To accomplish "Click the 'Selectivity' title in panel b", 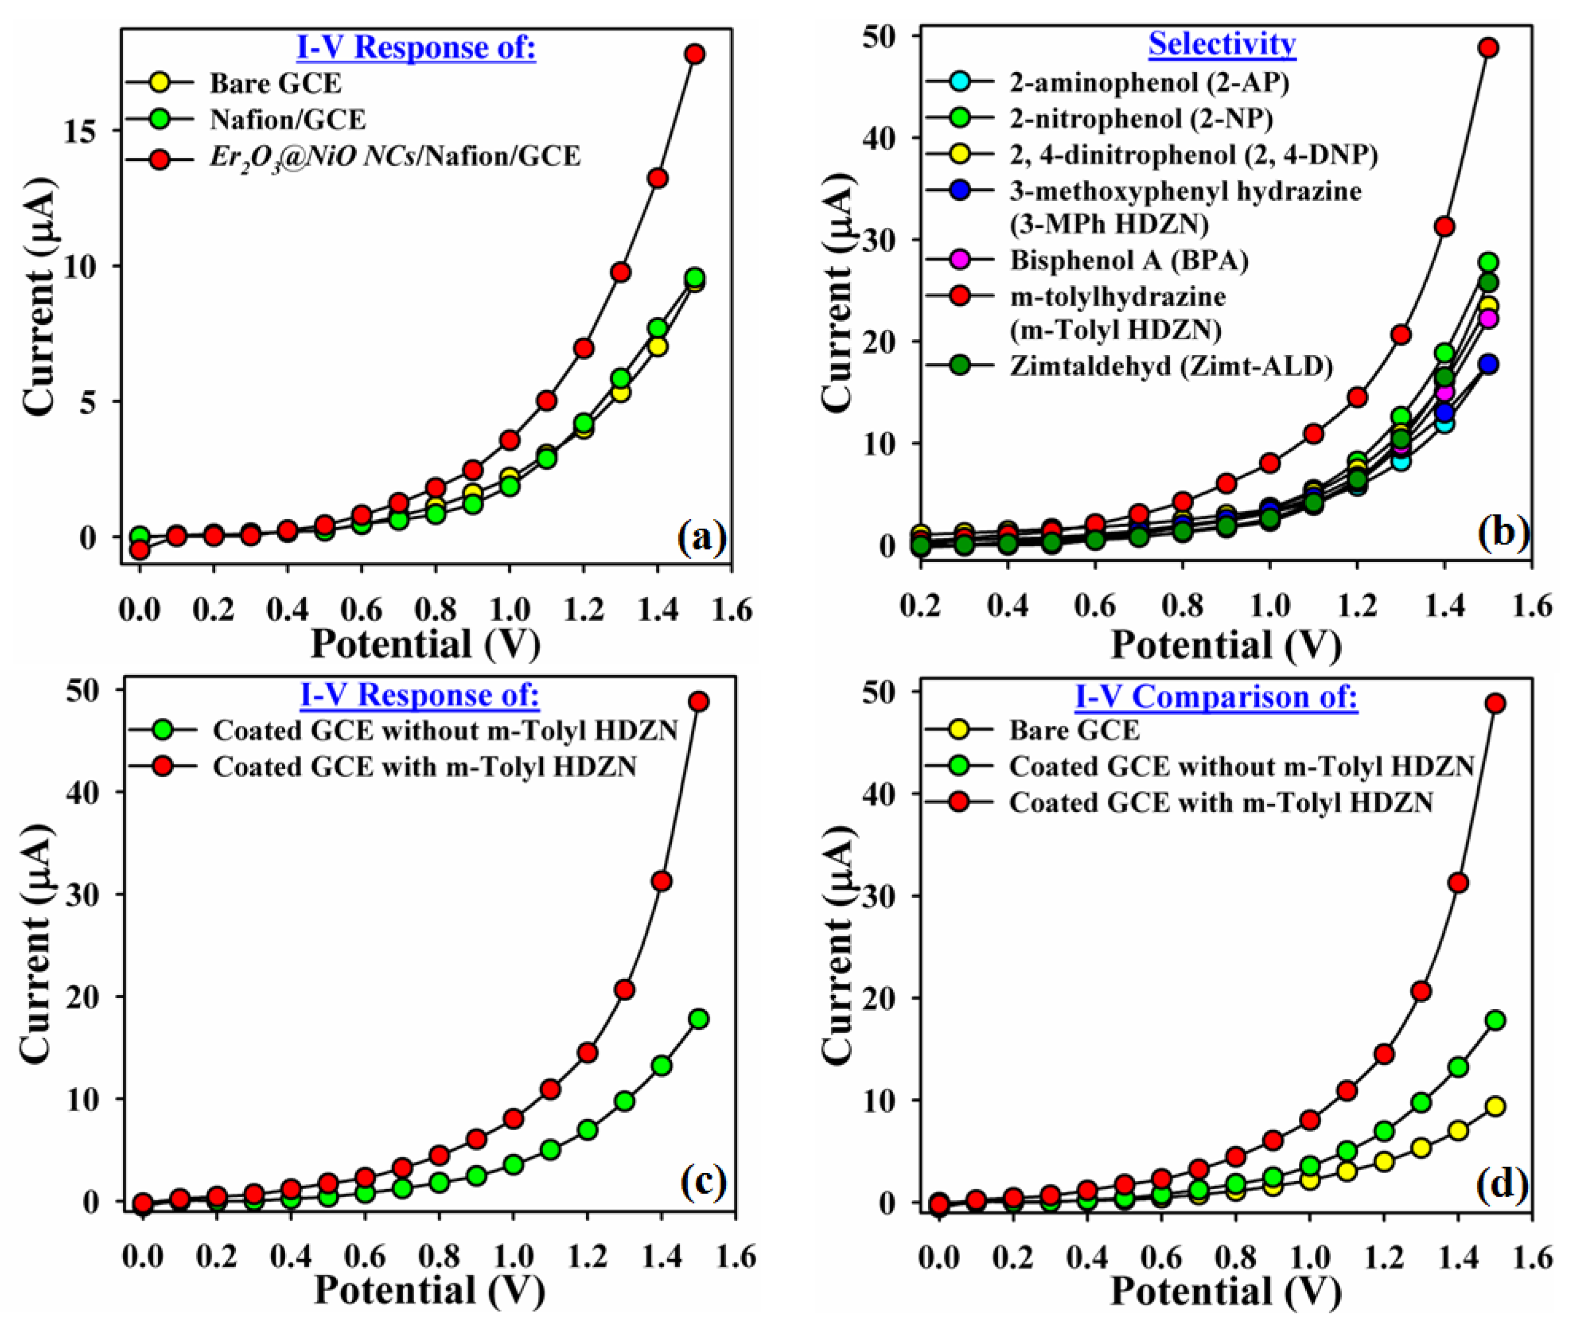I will [1221, 44].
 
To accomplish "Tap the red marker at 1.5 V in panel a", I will [694, 53].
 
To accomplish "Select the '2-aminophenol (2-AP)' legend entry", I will [1149, 82].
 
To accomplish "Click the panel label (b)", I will [1502, 532].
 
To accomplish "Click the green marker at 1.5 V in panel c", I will [699, 1019].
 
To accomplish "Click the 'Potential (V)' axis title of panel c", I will [428, 1290].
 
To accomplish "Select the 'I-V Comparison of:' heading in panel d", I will [1215, 696].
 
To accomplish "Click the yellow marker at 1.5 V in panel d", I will [1495, 1106].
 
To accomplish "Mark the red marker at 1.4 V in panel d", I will [1458, 883].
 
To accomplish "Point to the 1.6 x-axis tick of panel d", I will [1531, 1257].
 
